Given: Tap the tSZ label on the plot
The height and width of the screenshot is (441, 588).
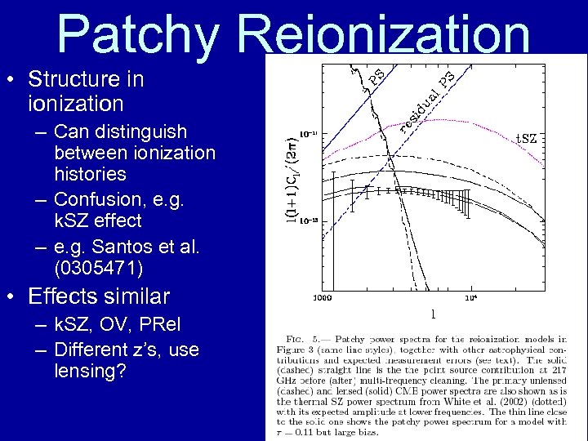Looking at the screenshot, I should tap(523, 139).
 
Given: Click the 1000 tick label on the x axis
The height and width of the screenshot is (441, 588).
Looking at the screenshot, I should tap(323, 297).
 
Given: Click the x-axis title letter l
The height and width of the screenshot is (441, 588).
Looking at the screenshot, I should tap(432, 313).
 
